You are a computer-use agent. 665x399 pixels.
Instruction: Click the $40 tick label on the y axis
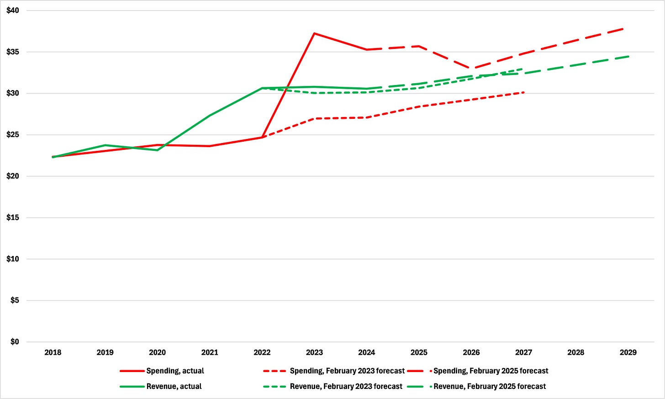(x=13, y=11)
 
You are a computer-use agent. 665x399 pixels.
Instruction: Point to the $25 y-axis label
(x=13, y=135)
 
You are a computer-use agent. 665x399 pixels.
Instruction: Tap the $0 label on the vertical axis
(x=15, y=342)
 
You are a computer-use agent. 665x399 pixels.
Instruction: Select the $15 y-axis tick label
(x=13, y=218)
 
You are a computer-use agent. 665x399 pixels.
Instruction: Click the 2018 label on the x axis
(x=53, y=352)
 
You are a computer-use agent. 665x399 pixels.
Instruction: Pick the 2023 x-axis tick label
(x=314, y=352)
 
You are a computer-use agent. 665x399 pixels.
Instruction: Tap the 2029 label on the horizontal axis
(x=628, y=352)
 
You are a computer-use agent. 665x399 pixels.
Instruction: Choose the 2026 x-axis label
(x=471, y=352)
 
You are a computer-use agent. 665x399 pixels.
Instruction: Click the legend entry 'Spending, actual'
(x=175, y=371)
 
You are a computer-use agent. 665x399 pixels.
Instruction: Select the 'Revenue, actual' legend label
(x=174, y=386)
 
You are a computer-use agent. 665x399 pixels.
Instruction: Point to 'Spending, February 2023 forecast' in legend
(x=347, y=371)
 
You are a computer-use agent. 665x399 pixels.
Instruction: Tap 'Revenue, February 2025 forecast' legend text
(x=490, y=386)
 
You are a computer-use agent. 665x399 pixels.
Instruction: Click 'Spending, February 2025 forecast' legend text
(x=491, y=371)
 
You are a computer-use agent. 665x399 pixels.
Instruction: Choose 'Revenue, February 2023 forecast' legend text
(x=346, y=386)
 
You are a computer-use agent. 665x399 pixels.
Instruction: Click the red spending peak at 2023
(x=314, y=33)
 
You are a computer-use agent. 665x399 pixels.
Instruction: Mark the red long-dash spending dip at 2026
(x=471, y=69)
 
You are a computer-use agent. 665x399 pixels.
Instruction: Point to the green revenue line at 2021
(x=210, y=116)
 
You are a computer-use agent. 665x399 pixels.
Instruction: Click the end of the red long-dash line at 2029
(x=623, y=29)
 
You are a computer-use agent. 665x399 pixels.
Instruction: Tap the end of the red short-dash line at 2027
(x=523, y=92)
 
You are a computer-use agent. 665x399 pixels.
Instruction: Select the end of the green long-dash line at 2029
(x=628, y=57)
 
